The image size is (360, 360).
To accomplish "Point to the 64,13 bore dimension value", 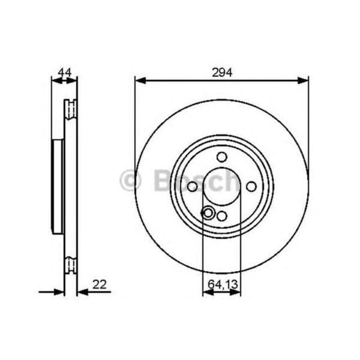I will point(221,283).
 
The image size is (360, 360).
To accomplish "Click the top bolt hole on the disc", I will point(221,157).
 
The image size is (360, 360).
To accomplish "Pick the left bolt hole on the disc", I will point(192,187).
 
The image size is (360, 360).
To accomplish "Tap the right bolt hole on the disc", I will point(251,187).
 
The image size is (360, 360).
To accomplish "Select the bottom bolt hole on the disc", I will point(222,216).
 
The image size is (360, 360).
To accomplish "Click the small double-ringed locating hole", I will point(208,212).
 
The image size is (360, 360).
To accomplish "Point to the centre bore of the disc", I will point(221,187).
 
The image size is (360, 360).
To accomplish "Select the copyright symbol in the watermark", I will point(130,181).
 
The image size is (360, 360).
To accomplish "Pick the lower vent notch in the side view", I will point(71,264).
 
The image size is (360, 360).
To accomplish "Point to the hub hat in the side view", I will point(58,186).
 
